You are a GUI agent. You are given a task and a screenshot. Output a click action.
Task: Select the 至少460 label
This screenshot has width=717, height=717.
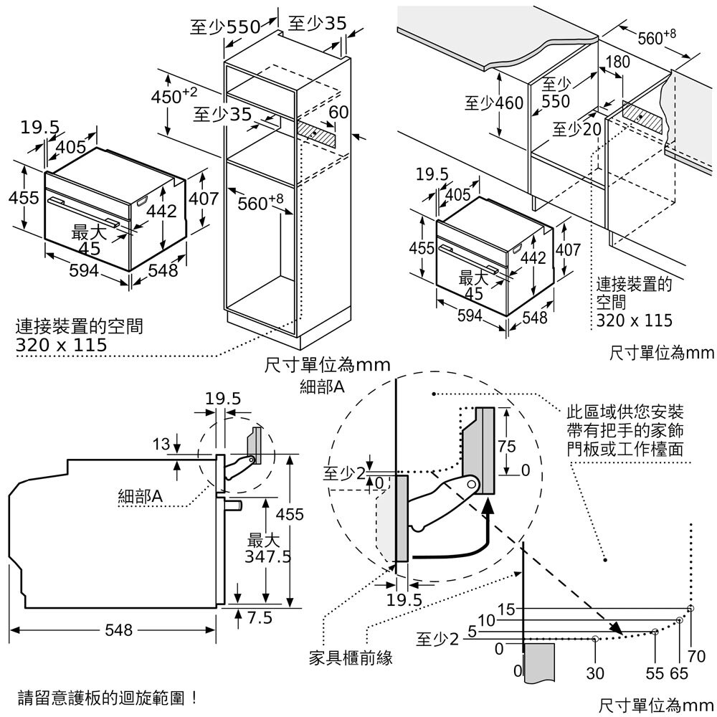point(494,103)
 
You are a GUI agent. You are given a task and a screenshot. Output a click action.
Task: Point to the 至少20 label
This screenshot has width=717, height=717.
point(576,129)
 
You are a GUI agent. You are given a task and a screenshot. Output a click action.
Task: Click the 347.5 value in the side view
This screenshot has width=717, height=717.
point(267,556)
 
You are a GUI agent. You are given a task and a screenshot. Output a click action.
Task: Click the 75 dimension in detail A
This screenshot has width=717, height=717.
point(506,446)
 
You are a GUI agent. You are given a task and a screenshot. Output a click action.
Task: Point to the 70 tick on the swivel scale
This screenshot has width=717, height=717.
point(695,657)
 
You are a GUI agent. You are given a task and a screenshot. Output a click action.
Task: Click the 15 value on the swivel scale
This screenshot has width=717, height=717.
point(505,609)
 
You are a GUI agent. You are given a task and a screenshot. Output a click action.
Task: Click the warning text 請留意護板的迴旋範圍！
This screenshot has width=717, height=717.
point(108,696)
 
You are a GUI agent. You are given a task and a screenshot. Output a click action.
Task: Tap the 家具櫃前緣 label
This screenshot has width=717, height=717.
point(350,657)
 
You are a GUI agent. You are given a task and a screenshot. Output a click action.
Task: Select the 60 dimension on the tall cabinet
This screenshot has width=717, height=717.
point(338,113)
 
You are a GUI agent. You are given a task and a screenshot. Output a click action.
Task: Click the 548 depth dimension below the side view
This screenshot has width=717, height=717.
point(118,630)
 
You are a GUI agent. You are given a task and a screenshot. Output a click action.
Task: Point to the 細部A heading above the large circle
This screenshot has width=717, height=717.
point(320,386)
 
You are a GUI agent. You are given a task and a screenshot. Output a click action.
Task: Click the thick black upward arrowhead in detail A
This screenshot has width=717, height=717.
point(488,505)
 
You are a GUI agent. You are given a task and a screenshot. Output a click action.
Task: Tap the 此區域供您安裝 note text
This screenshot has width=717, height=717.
point(624,413)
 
